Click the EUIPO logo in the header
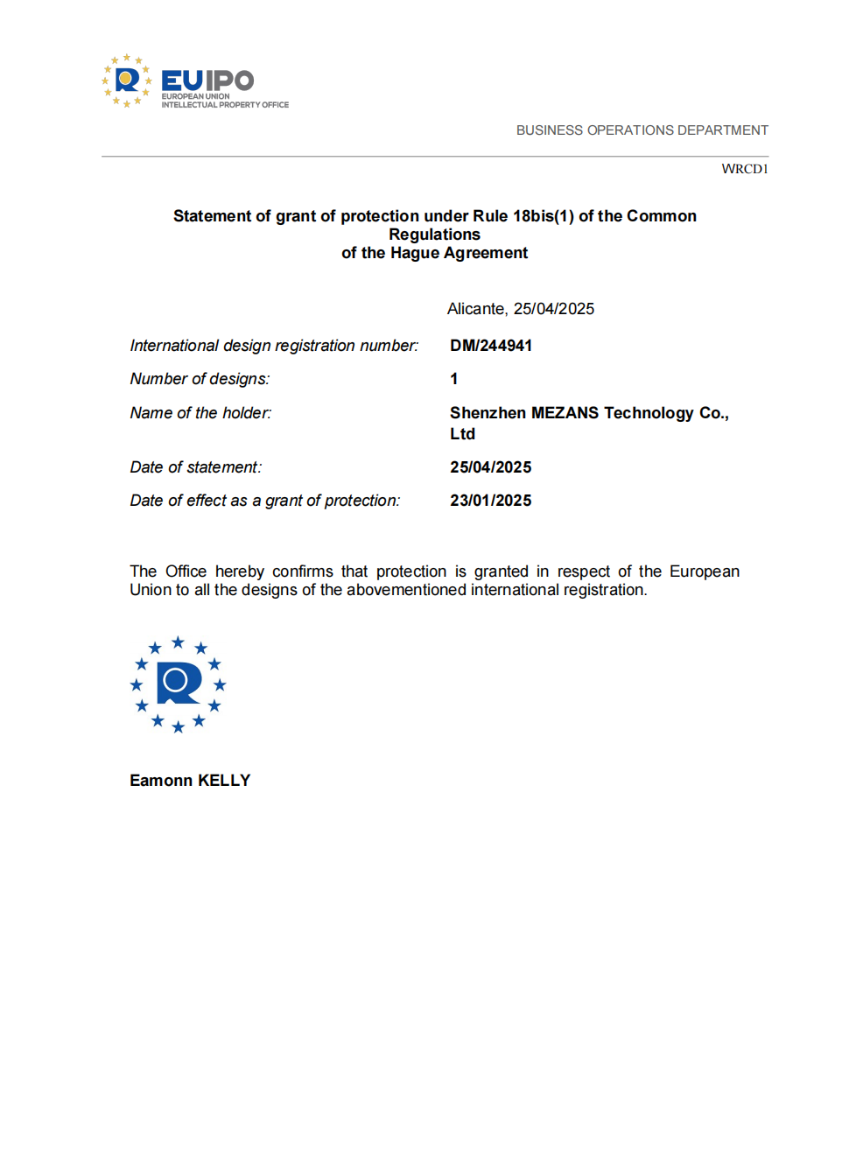pos(194,81)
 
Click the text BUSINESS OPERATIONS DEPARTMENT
pos(642,130)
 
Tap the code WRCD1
pos(744,169)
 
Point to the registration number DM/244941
pos(490,346)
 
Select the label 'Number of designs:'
pos(200,379)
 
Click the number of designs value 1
pos(453,379)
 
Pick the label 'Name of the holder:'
pos(200,413)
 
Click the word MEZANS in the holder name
pos(565,413)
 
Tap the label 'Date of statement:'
pos(195,467)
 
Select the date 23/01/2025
pos(490,501)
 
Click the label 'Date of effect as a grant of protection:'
pos(264,501)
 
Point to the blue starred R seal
pos(178,684)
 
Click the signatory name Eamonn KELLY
pos(190,781)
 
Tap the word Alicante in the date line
pos(476,309)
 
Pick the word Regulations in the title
pos(434,235)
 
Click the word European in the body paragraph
pos(704,571)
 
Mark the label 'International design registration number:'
pos(274,346)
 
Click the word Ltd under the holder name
pos(462,434)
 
